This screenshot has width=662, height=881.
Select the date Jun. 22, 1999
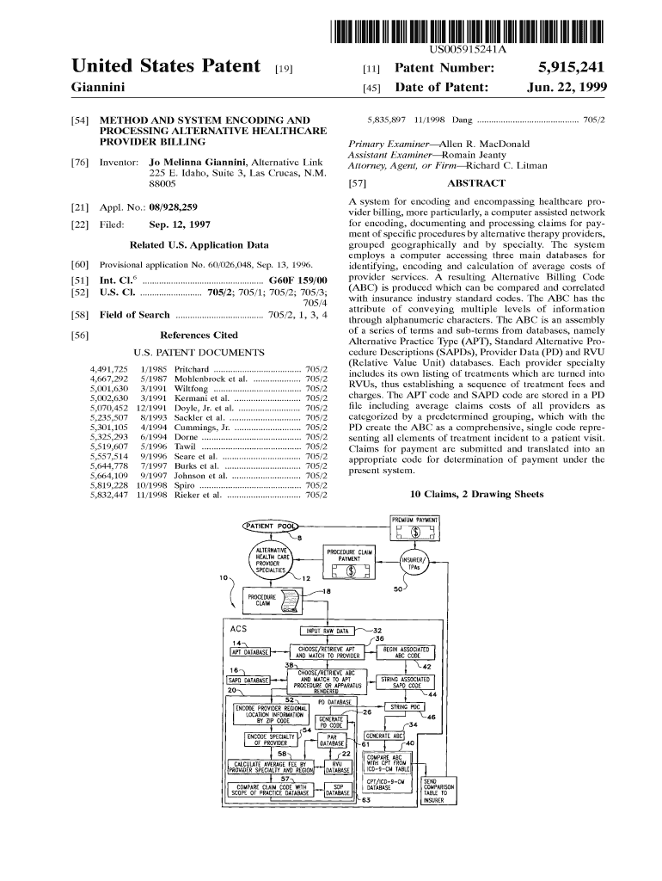pos(567,88)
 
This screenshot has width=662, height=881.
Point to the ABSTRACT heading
pos(476,183)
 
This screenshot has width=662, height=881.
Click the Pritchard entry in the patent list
pos(192,368)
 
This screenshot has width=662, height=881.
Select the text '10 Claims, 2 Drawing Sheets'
pos(477,495)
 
